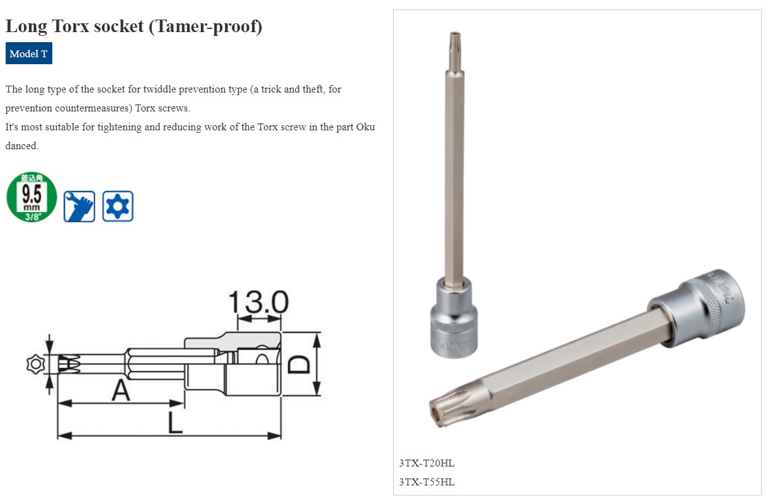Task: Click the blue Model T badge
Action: tap(29, 54)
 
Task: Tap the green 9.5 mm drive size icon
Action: tap(31, 197)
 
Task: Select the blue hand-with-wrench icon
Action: tap(79, 206)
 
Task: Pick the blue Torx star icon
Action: tap(118, 206)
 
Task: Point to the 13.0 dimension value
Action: tap(258, 303)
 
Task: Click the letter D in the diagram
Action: tap(300, 364)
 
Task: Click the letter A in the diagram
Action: tap(121, 392)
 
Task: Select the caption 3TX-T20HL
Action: tap(426, 463)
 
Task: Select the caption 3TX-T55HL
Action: tap(426, 482)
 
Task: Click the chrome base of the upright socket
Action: tap(454, 319)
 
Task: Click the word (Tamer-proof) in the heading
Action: tap(205, 26)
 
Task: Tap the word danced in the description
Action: tap(22, 145)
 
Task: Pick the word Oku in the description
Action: tap(365, 127)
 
